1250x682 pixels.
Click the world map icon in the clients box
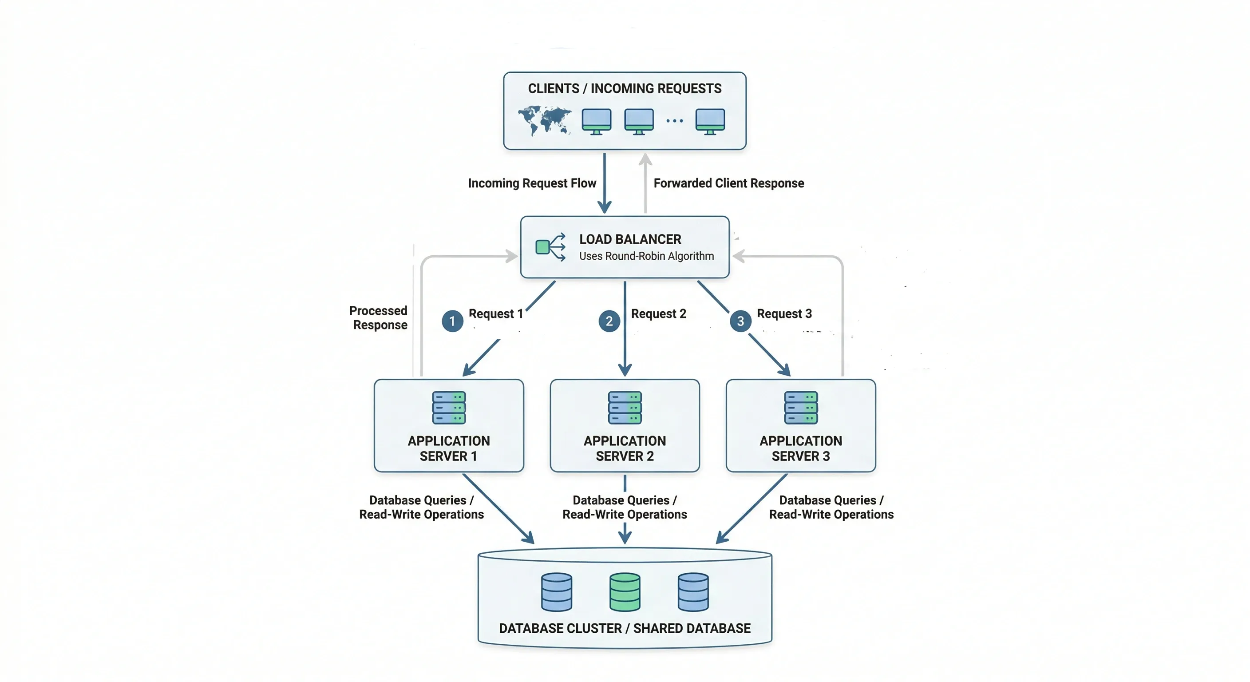pyautogui.click(x=544, y=120)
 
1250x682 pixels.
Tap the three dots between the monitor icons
pyautogui.click(x=675, y=120)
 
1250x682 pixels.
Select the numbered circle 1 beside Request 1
pyautogui.click(x=452, y=321)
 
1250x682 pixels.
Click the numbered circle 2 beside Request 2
pyautogui.click(x=609, y=321)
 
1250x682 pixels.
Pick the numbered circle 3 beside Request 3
pyautogui.click(x=740, y=321)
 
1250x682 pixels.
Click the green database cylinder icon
pyautogui.click(x=625, y=592)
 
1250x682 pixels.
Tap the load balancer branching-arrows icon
pyautogui.click(x=550, y=247)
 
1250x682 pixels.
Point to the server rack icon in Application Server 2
pyautogui.click(x=625, y=408)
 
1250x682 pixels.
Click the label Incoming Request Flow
pyautogui.click(x=532, y=183)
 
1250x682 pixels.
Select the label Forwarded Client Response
pyautogui.click(x=728, y=183)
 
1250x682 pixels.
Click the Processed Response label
pyautogui.click(x=379, y=317)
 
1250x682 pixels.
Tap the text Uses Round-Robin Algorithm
pyautogui.click(x=646, y=256)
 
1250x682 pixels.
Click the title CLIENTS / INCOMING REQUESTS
pyautogui.click(x=625, y=88)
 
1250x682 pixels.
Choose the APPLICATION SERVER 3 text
pyautogui.click(x=801, y=448)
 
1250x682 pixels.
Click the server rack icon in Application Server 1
pyautogui.click(x=449, y=408)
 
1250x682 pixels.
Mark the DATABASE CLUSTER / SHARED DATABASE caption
pyautogui.click(x=625, y=628)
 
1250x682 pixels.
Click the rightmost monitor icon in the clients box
pyautogui.click(x=710, y=121)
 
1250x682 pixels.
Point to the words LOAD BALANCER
pyautogui.click(x=630, y=239)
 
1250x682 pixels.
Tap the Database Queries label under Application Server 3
pyautogui.click(x=831, y=507)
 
